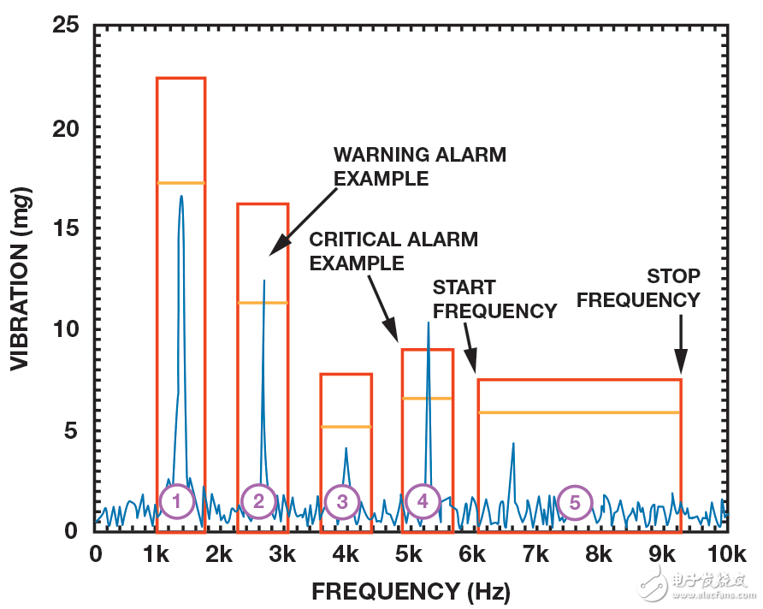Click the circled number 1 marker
click(177, 502)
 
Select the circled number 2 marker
click(258, 502)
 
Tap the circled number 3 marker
click(342, 502)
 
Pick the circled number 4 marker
click(423, 501)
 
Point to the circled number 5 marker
click(575, 502)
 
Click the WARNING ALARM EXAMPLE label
click(419, 167)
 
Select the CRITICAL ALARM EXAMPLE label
click(393, 251)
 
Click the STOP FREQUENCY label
click(673, 288)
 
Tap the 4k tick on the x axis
click(346, 554)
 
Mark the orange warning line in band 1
click(180, 183)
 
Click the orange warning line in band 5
click(579, 412)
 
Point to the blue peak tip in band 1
click(181, 196)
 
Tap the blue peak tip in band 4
click(428, 322)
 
